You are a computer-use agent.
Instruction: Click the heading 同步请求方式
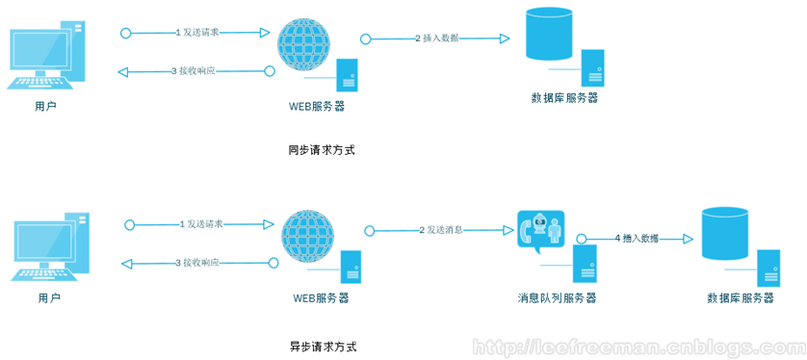coord(315,150)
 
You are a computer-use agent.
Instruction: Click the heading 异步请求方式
coord(315,346)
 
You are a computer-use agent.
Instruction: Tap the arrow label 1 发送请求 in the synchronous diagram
coord(197,32)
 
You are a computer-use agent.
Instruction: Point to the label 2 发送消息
coord(441,230)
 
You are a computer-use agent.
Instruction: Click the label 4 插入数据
coord(640,238)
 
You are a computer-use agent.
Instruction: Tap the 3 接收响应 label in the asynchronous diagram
coord(196,263)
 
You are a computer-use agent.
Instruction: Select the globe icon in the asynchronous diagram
coord(307,238)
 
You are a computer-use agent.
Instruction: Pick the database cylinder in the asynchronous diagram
coord(725,233)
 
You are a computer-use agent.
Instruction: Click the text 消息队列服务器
coord(557,298)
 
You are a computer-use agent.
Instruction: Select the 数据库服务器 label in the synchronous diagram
coord(564,98)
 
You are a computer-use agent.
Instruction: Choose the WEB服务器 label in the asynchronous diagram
coord(321,298)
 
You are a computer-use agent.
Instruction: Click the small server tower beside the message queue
coord(585,262)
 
